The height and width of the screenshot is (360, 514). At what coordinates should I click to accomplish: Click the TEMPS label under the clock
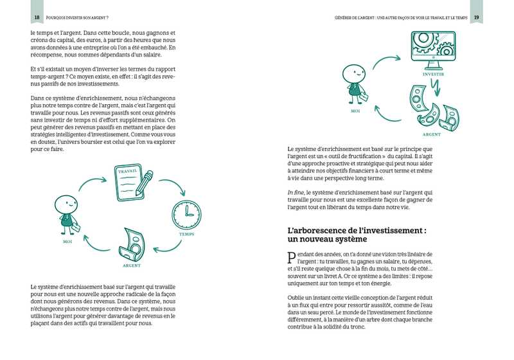click(x=187, y=235)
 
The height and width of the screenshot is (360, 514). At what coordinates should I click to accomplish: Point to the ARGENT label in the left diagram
click(x=131, y=265)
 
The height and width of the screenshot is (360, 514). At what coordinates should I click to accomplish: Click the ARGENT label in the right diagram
click(x=431, y=135)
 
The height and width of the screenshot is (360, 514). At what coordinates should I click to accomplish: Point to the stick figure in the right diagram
click(x=354, y=82)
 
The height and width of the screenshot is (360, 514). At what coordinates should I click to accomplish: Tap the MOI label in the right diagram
click(x=355, y=111)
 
